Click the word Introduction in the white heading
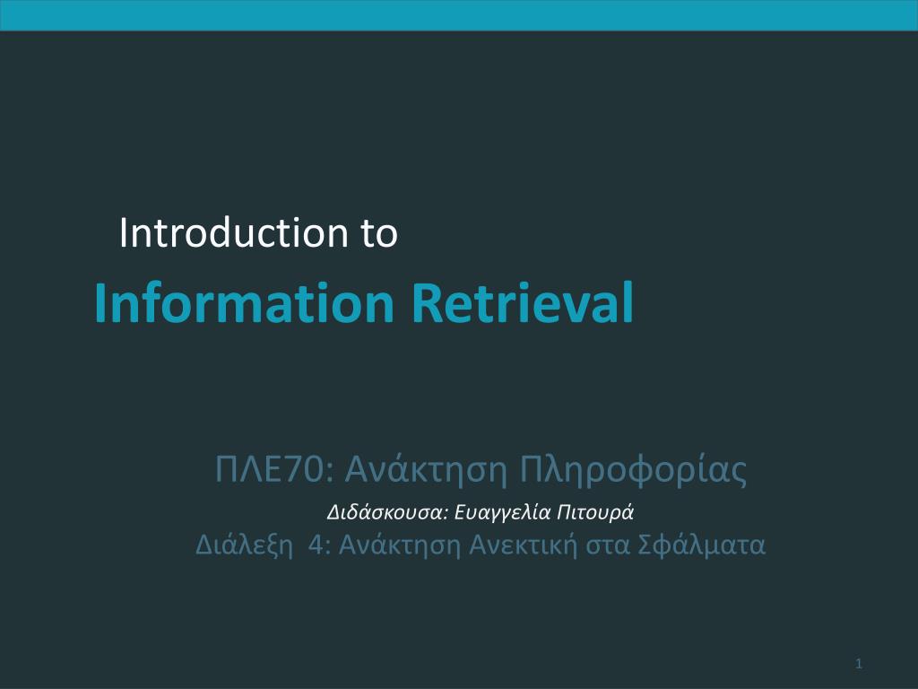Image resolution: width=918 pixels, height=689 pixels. [x=234, y=232]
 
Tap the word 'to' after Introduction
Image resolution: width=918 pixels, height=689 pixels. [x=379, y=234]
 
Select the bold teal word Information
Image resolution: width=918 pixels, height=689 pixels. [x=244, y=302]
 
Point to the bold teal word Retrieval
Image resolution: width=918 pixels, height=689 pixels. [x=523, y=302]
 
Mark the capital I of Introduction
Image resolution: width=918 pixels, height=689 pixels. [x=123, y=232]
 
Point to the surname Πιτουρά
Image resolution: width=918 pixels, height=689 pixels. [x=595, y=512]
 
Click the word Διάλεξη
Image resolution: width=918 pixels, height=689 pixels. [x=244, y=545]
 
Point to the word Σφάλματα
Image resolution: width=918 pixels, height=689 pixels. [x=701, y=545]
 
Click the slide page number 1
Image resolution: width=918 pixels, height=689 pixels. [x=859, y=664]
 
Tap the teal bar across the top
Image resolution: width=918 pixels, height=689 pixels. [x=459, y=15]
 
